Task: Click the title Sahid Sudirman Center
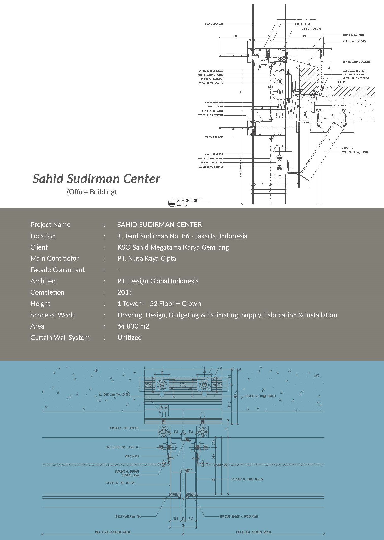[x=96, y=179]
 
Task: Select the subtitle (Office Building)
[x=92, y=192]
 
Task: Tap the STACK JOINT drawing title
[x=189, y=200]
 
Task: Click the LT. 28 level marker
[x=342, y=82]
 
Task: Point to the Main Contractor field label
[x=55, y=258]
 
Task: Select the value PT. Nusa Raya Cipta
[x=146, y=258]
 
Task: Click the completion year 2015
[x=125, y=292]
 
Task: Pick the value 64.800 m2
[x=133, y=326]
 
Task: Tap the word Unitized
[x=129, y=338]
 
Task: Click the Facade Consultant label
[x=57, y=270]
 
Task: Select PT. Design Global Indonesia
[x=158, y=281]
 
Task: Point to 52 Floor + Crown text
[x=175, y=304]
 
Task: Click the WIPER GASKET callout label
[x=132, y=456]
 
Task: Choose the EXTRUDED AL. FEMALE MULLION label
[x=247, y=479]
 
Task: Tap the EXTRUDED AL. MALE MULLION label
[x=120, y=483]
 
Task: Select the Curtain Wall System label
[x=60, y=338]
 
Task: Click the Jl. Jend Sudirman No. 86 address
[x=182, y=236]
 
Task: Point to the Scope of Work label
[x=52, y=315]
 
